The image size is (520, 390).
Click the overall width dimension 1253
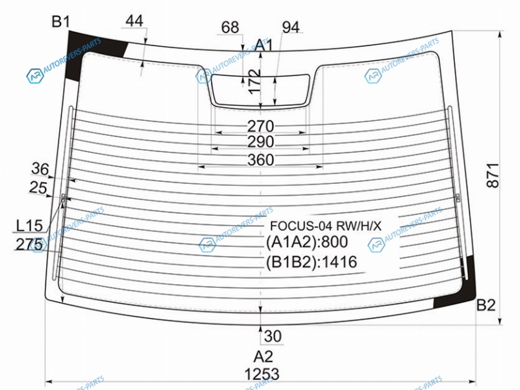(262, 374)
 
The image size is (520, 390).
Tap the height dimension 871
(493, 175)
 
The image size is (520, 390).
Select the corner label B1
(61, 21)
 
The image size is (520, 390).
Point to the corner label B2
(486, 305)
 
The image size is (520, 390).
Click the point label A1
(265, 45)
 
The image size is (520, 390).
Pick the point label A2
(263, 356)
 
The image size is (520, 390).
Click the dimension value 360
(261, 160)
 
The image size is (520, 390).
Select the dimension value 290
(261, 142)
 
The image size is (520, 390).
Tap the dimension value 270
(261, 126)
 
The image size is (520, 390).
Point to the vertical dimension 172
(255, 82)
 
